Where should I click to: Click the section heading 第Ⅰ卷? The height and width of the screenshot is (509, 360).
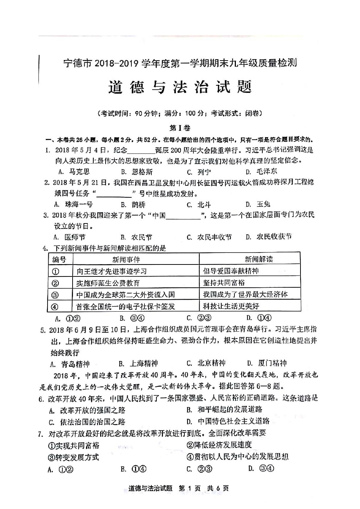tap(180, 128)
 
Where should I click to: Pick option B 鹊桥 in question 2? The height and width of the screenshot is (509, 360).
tap(133, 205)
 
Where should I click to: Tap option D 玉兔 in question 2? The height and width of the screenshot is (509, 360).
tap(258, 204)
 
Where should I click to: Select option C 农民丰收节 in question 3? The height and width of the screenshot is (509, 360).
tap(209, 237)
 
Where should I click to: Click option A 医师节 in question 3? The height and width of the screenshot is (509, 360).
tap(70, 237)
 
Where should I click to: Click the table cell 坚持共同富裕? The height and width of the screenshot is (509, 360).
tap(224, 283)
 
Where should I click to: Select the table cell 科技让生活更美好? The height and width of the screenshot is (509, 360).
tap(231, 306)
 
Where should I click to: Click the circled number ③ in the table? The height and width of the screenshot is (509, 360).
tap(56, 295)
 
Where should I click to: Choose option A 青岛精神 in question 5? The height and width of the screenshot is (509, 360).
tap(70, 364)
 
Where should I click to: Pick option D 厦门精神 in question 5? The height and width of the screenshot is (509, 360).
tap(267, 363)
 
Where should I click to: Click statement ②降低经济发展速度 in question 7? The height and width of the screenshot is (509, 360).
tap(219, 445)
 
